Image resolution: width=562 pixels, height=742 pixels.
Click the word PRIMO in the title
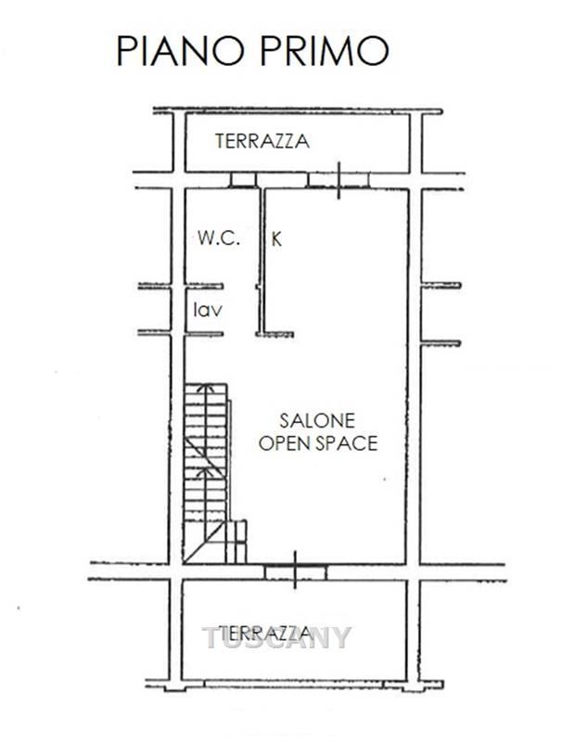point(325,50)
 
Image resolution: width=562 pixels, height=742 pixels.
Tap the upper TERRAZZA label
point(262,141)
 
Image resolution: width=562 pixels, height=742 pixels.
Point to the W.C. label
point(219,237)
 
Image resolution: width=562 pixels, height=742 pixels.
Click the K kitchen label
point(276,239)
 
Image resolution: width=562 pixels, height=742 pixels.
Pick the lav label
point(208,310)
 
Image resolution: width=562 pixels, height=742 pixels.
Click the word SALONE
point(317,421)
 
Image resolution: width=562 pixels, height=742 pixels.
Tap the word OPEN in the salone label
point(285,443)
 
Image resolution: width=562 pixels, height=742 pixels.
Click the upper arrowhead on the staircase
point(206,388)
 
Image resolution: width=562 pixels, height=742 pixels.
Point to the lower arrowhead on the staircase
point(206,472)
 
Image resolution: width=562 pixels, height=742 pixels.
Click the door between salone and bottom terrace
point(295,571)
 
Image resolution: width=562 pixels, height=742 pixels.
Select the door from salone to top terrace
point(338,180)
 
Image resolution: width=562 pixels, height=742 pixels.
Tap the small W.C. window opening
point(243,180)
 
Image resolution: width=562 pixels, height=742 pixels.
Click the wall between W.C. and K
point(262,262)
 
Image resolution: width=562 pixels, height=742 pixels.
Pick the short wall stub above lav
point(203,286)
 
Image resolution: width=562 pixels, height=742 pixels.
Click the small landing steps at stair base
point(236,542)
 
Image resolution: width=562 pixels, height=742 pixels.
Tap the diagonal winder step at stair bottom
point(204,542)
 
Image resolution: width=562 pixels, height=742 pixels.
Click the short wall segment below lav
point(203,334)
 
